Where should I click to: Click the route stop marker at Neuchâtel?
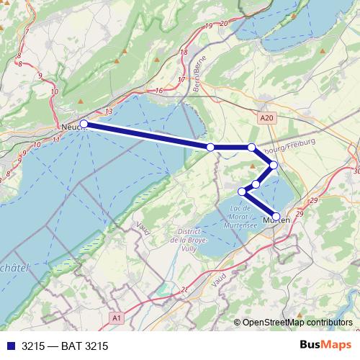tap(84, 124)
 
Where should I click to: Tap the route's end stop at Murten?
tap(276, 216)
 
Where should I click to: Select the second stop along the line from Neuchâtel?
tap(210, 147)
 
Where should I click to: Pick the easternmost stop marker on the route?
tap(274, 165)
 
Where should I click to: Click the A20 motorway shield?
tap(266, 116)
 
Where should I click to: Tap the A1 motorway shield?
tap(117, 317)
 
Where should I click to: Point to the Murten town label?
tap(278, 220)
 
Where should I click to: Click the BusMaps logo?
tap(323, 345)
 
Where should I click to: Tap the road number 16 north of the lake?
tap(159, 90)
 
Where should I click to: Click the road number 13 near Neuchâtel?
tap(109, 112)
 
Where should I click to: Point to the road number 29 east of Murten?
tap(312, 199)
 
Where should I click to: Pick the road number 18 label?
tap(184, 53)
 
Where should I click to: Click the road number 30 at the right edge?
tap(357, 171)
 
